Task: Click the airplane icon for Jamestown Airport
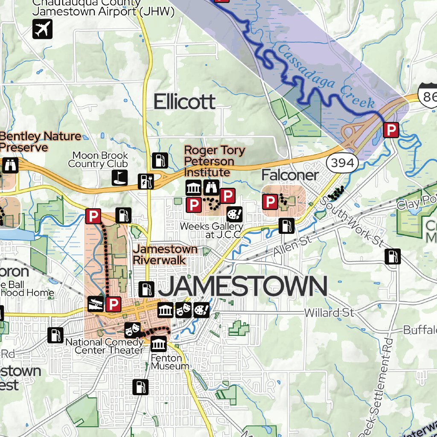click(42, 29)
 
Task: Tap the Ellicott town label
click(184, 102)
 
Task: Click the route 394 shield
click(343, 162)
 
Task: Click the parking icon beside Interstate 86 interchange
click(390, 130)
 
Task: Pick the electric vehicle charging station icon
click(145, 181)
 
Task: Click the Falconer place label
click(290, 175)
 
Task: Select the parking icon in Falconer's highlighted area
click(270, 202)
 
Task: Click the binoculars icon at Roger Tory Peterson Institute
click(211, 187)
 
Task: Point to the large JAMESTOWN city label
click(242, 287)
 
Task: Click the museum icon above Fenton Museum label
click(159, 344)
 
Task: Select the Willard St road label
click(329, 313)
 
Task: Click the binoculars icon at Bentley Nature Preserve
click(10, 165)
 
